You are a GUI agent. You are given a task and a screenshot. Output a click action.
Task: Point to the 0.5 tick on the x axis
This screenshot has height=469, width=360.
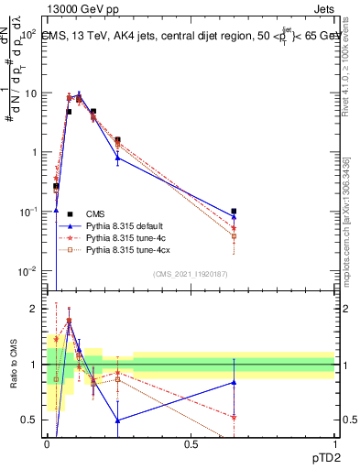coord(191,444)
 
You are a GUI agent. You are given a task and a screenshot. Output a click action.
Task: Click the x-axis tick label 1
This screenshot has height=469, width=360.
coord(334,444)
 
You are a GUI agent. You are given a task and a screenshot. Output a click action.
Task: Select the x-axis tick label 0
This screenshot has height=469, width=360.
coord(48,444)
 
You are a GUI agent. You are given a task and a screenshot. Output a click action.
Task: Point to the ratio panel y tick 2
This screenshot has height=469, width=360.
coord(35,309)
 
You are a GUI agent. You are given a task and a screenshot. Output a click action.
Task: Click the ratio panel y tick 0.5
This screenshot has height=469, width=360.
coord(31,420)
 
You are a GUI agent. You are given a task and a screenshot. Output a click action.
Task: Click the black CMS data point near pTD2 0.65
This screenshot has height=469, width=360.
coord(234,212)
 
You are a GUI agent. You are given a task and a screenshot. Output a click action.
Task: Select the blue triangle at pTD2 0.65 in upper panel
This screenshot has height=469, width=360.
coord(234,217)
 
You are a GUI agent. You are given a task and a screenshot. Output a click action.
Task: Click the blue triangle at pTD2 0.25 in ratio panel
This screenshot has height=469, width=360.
coord(118,420)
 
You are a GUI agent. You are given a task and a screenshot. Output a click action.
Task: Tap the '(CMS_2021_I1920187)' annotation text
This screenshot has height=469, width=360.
coord(190,273)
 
